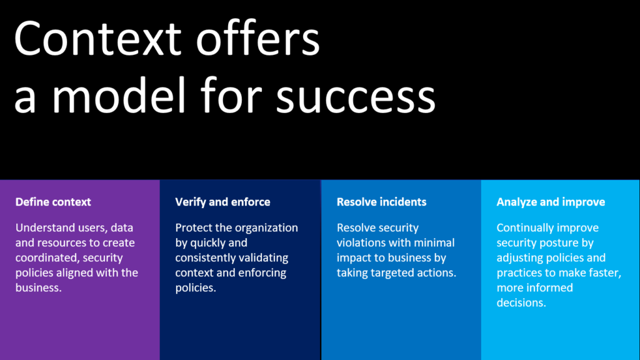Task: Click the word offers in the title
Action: [x=258, y=38]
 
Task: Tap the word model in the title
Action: [x=119, y=94]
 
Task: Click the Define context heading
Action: [x=53, y=202]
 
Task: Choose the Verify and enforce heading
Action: [x=223, y=202]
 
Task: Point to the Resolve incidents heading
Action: [x=382, y=202]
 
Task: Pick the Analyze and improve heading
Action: [x=551, y=202]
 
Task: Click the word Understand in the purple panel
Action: [x=39, y=227]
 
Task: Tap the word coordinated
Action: [x=47, y=258]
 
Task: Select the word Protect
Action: [x=191, y=227]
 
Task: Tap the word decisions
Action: [x=521, y=303]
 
